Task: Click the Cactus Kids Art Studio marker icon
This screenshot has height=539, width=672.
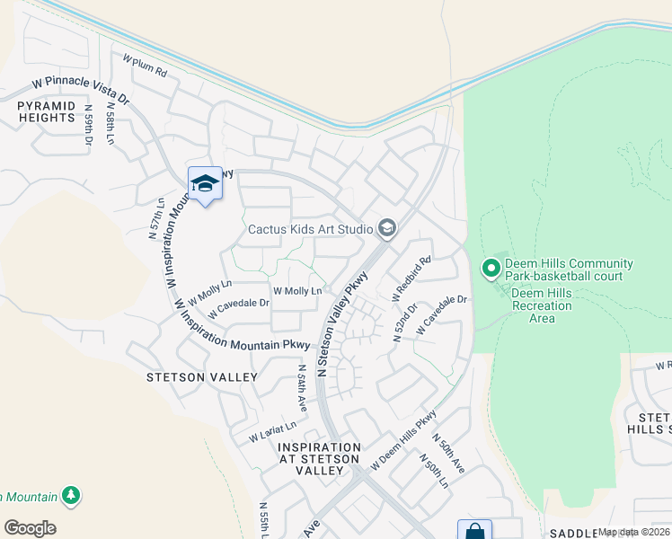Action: [386, 228]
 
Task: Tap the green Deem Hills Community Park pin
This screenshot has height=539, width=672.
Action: [491, 268]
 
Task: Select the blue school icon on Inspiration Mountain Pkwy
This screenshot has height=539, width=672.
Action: [205, 184]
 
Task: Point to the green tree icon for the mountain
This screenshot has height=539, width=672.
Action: [71, 496]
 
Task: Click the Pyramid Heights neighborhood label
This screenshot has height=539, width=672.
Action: [45, 111]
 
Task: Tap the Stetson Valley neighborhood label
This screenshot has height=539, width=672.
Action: [201, 378]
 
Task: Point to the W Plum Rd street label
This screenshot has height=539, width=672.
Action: [146, 65]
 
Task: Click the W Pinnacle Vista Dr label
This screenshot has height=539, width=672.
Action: [80, 90]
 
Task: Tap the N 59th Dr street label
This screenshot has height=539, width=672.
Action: [89, 125]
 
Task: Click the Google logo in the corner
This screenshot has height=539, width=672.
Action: [30, 528]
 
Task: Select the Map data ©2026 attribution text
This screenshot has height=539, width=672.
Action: [632, 533]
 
